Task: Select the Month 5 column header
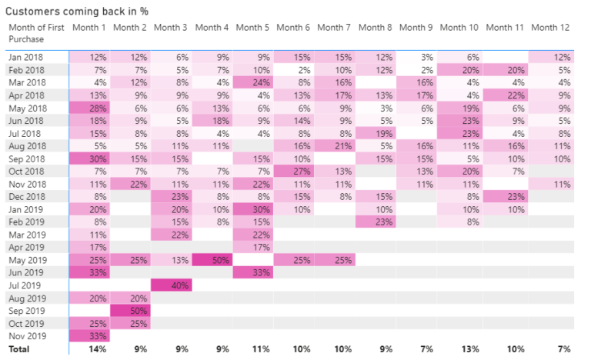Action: coord(254,28)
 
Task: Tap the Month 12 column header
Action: coord(551,28)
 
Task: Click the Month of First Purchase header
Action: coord(36,33)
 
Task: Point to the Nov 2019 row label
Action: coord(28,335)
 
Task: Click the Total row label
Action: coord(20,348)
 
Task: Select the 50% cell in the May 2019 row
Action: coord(212,260)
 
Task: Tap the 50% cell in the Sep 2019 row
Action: coord(131,310)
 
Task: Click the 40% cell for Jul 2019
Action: coord(172,285)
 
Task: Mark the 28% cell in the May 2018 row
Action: coord(90,108)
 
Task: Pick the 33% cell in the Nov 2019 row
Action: coord(90,335)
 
